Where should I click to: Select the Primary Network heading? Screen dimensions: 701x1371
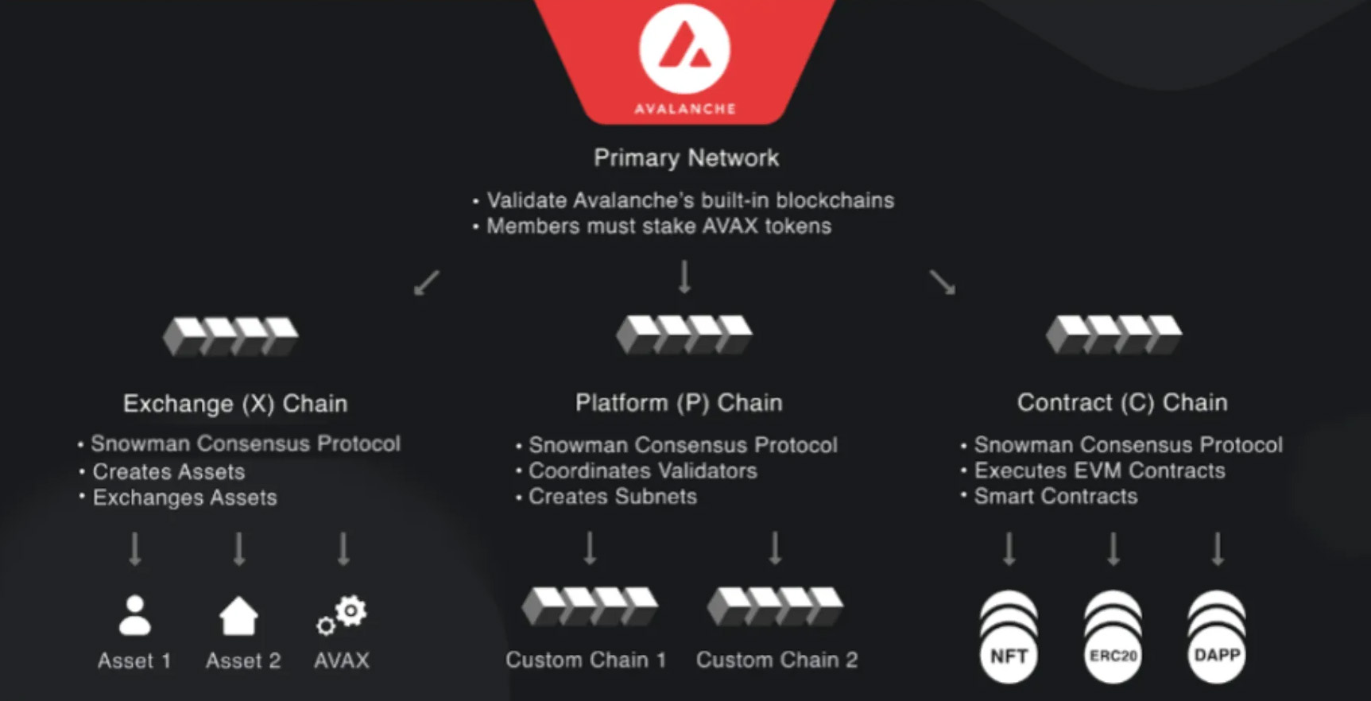(686, 157)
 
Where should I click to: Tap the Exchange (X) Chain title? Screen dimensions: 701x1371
(235, 404)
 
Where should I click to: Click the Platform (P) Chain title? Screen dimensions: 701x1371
(679, 403)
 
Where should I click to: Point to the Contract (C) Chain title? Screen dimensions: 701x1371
(1122, 403)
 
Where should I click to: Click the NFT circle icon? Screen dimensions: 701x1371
(1009, 655)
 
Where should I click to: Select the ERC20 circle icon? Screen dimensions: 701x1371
(1113, 655)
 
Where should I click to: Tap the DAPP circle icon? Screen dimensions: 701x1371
(1217, 655)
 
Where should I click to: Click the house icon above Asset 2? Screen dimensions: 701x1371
(238, 616)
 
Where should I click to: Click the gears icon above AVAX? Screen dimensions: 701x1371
(343, 616)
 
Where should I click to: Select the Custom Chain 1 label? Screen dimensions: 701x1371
(586, 660)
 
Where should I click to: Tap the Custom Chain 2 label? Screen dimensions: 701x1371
(777, 660)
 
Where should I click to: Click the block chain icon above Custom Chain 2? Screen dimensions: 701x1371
(775, 606)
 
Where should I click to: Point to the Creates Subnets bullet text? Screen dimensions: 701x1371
(612, 497)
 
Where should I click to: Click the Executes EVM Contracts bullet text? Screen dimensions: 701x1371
(1099, 471)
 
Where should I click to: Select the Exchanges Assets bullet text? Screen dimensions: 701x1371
(184, 498)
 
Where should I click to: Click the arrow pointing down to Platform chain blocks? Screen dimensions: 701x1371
(684, 277)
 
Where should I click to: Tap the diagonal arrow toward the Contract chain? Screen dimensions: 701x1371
(943, 282)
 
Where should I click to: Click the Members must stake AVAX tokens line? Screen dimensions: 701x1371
(658, 227)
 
